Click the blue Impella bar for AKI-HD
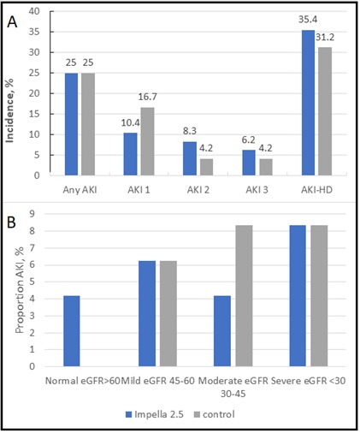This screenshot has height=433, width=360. tap(308, 103)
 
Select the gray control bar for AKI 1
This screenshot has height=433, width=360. tap(147, 141)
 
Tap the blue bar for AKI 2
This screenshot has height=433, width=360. tap(190, 158)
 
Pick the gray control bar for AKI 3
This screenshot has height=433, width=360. tap(266, 167)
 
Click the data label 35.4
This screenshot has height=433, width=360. tap(308, 20)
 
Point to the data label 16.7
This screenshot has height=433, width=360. tap(147, 97)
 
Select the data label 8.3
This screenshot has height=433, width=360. tap(190, 131)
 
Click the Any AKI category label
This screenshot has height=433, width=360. tap(80, 190)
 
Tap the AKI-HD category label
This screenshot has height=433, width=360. tap(316, 190)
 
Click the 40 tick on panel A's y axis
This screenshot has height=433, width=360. tap(34, 11)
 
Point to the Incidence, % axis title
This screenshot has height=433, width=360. tap(9, 110)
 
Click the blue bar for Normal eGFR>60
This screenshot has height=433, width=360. tap(72, 331)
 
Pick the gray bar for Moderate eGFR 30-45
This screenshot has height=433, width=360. tap(244, 296)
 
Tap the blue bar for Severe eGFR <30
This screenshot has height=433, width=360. tap(298, 296)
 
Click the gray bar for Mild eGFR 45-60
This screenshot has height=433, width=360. tap(168, 313)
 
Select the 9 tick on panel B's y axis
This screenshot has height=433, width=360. tap(32, 214)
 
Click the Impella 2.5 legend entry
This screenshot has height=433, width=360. tap(155, 414)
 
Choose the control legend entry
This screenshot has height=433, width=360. tap(215, 414)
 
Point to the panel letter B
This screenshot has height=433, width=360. tap(11, 222)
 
